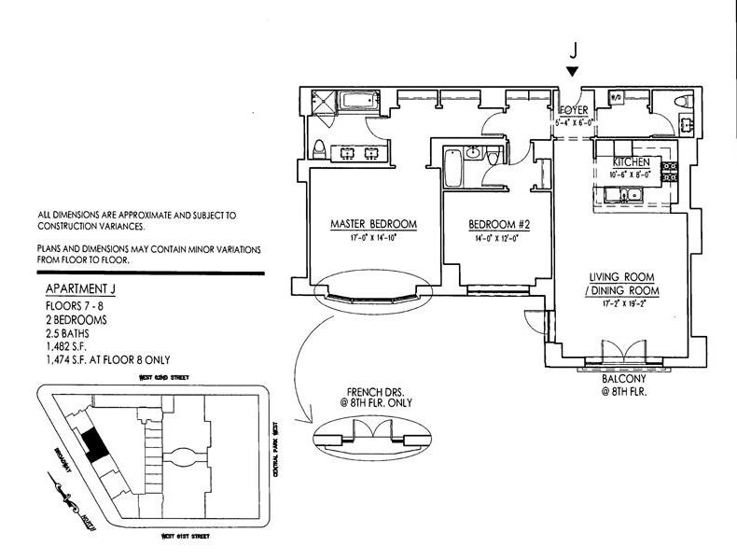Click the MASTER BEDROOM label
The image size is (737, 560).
(373, 225)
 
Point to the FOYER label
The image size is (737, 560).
(573, 109)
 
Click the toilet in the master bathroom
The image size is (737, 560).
(319, 150)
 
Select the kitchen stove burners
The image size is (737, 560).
(669, 170)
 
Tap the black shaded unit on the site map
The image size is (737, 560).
(91, 445)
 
